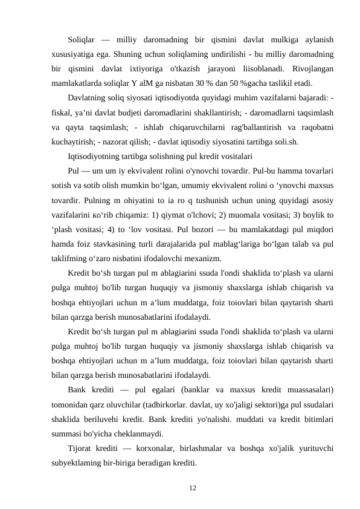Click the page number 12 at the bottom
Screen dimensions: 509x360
click(x=191, y=485)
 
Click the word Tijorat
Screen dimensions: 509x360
click(x=81, y=449)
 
